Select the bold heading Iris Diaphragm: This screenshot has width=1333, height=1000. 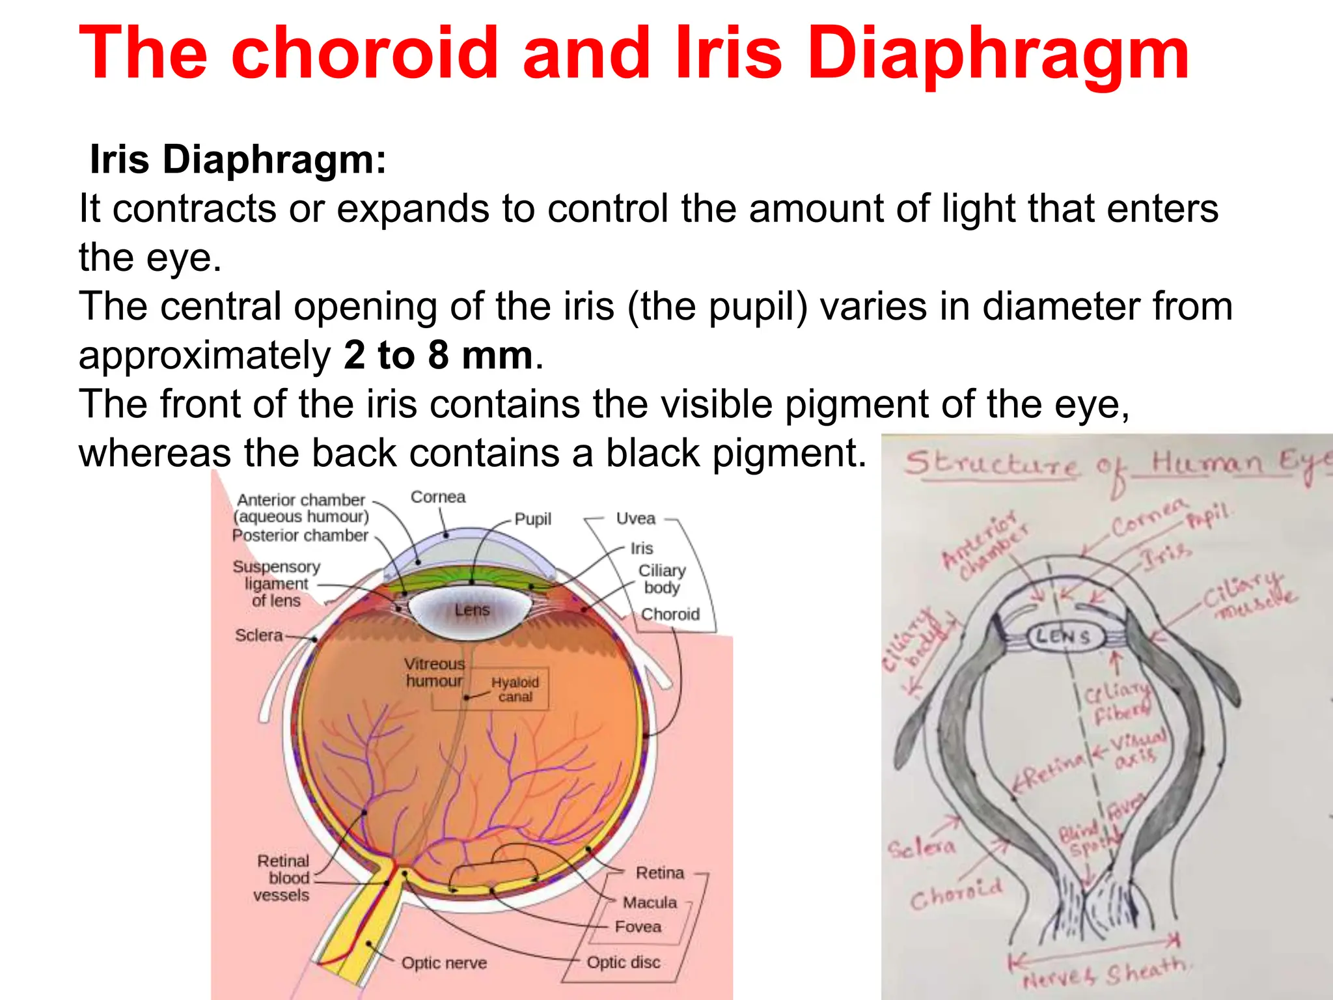tap(238, 160)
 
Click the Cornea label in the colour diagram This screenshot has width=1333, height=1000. tap(438, 497)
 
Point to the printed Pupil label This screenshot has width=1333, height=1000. tap(532, 520)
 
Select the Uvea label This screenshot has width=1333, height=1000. tap(635, 519)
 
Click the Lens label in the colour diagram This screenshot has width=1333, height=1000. tap(472, 610)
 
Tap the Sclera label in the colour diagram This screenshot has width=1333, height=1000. tap(258, 635)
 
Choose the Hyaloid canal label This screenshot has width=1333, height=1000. tap(515, 689)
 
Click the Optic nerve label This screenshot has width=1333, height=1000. tap(444, 963)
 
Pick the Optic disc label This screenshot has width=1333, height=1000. tap(623, 962)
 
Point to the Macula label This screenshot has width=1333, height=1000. tap(650, 902)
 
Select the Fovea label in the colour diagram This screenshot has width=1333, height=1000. tap(638, 926)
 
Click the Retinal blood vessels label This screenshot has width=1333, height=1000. tap(282, 878)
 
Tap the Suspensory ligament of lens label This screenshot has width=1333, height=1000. tap(276, 583)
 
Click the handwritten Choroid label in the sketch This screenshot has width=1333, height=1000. tap(955, 895)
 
